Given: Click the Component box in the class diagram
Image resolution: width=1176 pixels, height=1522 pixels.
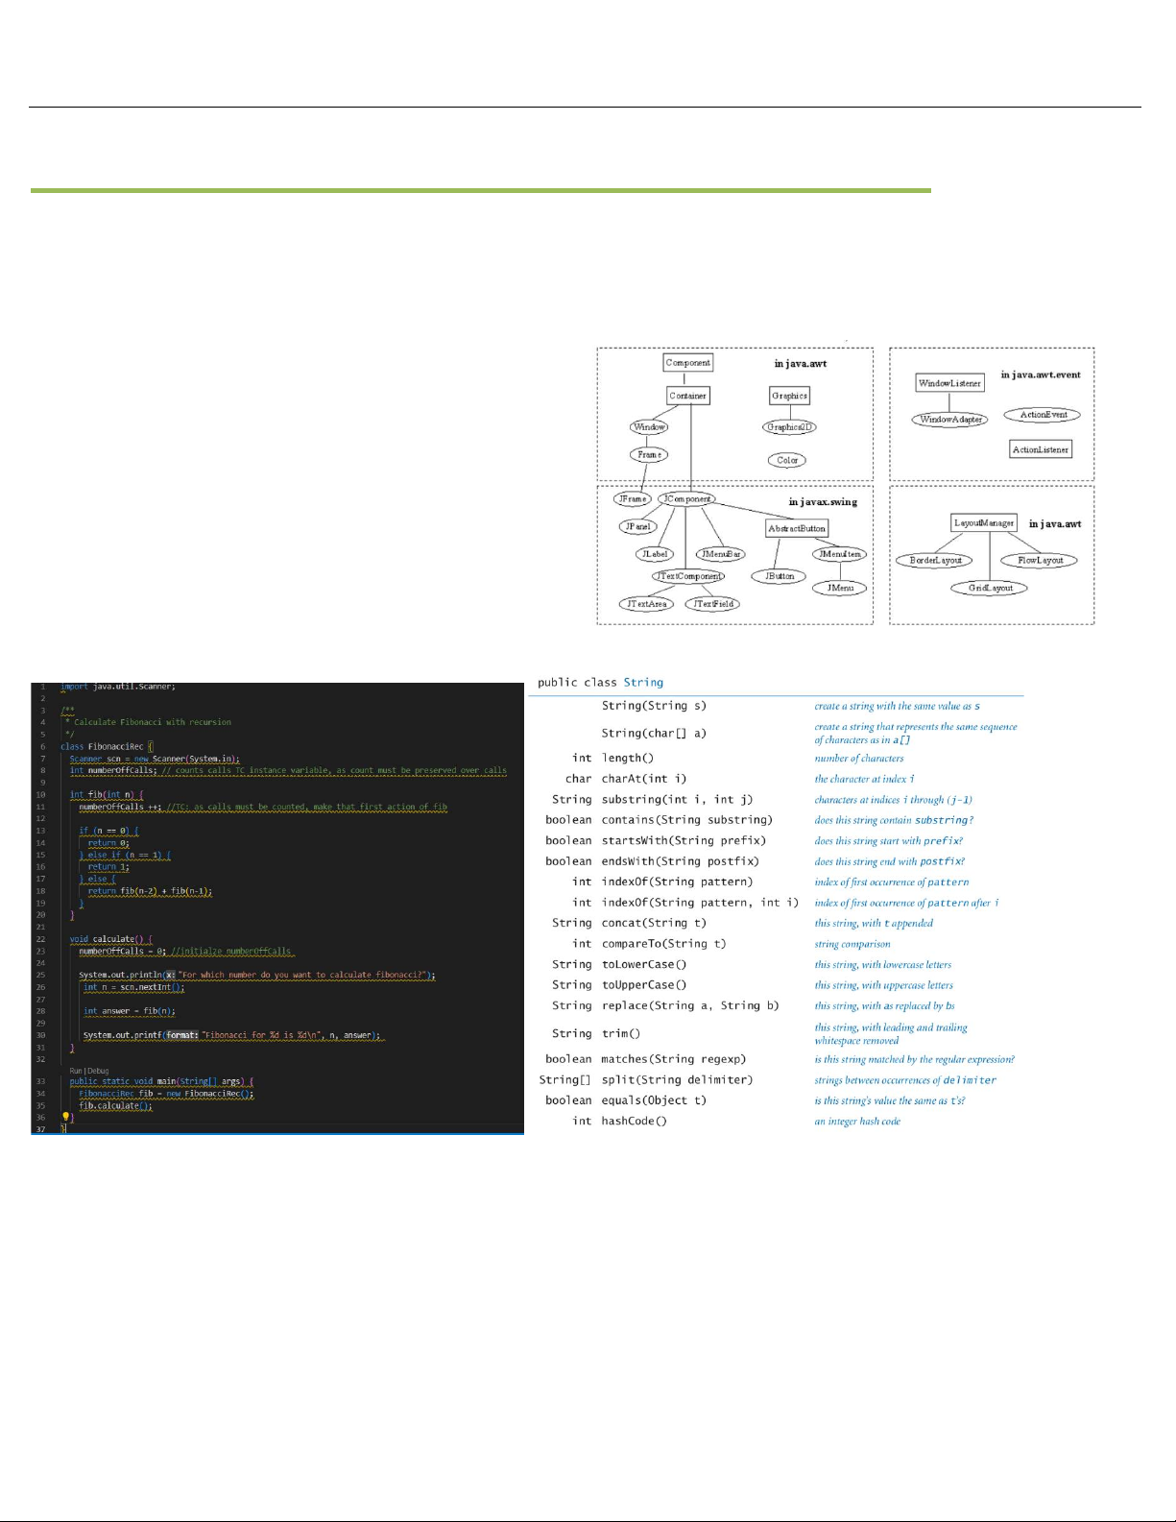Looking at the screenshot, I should (687, 363).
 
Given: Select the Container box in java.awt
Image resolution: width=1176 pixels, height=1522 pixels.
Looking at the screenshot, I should (687, 396).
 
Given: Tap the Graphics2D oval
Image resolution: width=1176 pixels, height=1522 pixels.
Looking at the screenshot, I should (789, 427).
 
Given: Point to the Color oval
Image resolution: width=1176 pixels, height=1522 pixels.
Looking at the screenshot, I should (787, 460).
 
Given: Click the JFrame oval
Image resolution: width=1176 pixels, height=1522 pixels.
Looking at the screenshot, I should (633, 499).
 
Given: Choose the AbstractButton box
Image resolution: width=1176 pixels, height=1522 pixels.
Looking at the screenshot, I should (797, 528).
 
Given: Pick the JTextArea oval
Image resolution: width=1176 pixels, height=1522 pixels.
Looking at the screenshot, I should (646, 604).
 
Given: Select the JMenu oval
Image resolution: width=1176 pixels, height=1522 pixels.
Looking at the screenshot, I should (840, 588).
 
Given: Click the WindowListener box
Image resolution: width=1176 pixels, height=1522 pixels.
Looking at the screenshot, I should (949, 383).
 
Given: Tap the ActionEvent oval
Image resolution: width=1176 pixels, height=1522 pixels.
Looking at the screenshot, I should (1043, 415).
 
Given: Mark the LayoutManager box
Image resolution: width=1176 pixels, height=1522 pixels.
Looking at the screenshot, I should (984, 523).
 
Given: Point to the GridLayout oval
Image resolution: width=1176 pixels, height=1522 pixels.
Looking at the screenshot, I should (990, 588).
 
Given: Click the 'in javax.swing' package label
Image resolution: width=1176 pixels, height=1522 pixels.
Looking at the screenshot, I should (823, 502).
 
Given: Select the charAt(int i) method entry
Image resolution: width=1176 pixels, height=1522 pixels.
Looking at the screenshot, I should (644, 779).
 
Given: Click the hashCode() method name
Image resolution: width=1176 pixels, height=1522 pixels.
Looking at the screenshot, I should (634, 1121).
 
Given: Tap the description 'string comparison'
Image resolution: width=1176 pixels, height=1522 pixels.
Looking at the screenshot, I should (852, 944).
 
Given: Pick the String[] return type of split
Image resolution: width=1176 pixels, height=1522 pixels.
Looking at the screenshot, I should (565, 1079).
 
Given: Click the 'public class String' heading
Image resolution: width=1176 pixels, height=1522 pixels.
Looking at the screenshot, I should (600, 682).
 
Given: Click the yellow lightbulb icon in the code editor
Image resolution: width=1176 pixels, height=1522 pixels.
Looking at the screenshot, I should (66, 1117).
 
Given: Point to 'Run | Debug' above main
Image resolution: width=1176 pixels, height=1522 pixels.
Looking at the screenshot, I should (89, 1070).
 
